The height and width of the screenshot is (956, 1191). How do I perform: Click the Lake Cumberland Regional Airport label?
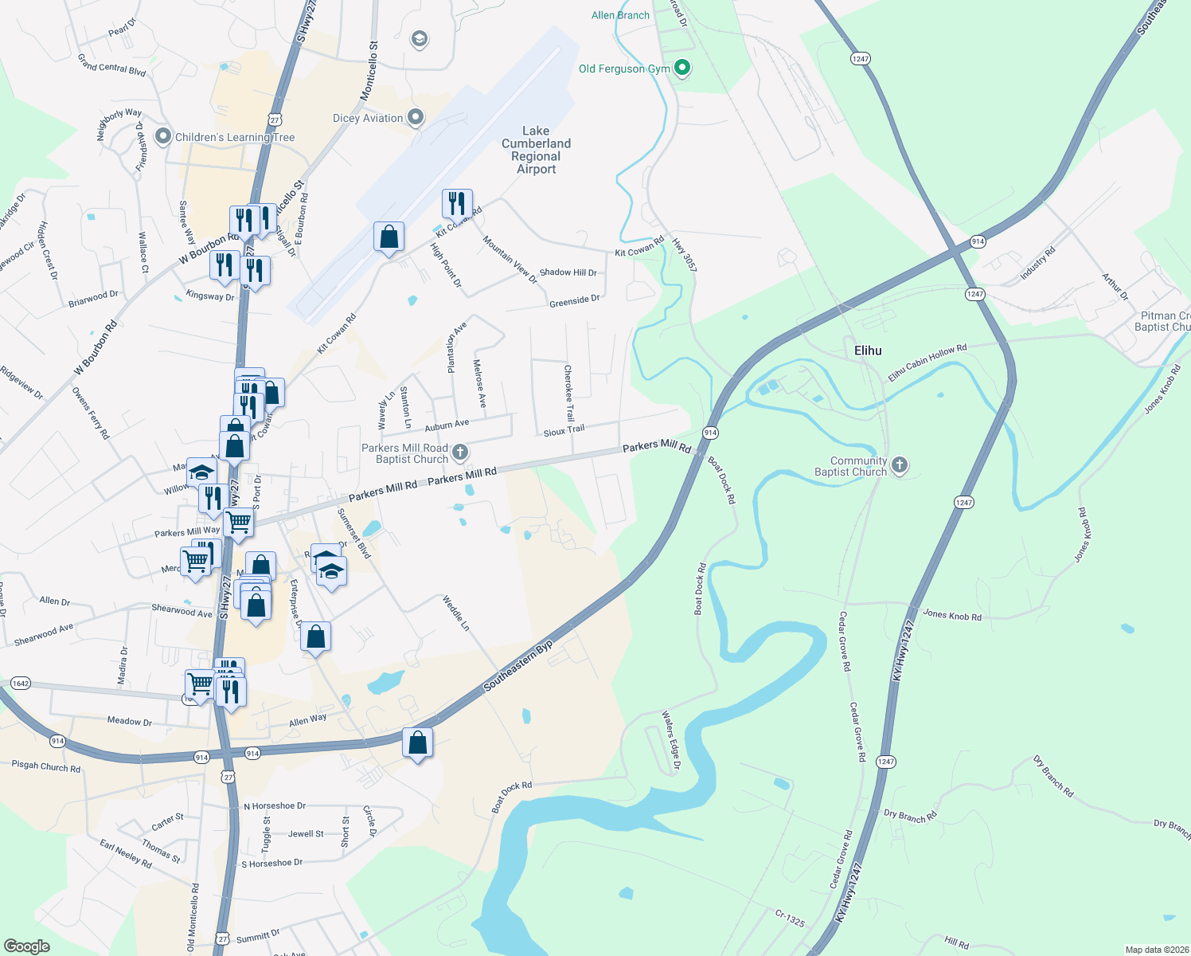[536, 150]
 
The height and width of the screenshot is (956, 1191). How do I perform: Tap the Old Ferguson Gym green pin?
[682, 69]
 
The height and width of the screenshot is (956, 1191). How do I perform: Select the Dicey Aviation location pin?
[416, 118]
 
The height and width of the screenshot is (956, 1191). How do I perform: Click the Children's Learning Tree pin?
[163, 137]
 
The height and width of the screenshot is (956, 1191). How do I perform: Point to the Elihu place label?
[868, 351]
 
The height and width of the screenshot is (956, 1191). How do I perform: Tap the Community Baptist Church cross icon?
[900, 465]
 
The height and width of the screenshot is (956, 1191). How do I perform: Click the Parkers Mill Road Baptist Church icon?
[460, 453]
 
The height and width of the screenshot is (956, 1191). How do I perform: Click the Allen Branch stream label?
[620, 15]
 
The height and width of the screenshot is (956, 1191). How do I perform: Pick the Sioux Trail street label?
[564, 431]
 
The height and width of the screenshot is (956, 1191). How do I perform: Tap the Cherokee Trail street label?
[569, 394]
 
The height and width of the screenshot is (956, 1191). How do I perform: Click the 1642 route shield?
[21, 684]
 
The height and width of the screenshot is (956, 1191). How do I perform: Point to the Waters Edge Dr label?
[671, 742]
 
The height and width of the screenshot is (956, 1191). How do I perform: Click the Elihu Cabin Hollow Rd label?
[927, 362]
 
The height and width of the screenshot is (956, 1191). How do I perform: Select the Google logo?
[27, 946]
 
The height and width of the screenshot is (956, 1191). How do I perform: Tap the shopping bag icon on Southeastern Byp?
[418, 743]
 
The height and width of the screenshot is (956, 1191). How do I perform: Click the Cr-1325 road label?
[790, 919]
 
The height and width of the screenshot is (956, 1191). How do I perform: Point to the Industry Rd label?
[1038, 264]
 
